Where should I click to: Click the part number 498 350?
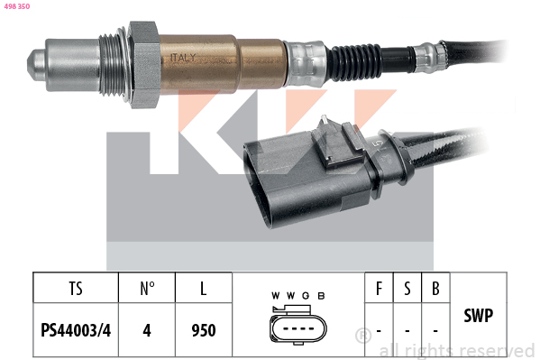tap(17, 6)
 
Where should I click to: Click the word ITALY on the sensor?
tap(183, 58)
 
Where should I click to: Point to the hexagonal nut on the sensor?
tap(144, 64)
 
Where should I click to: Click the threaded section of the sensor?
tap(113, 64)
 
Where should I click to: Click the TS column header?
tap(76, 289)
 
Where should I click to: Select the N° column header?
tap(147, 289)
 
